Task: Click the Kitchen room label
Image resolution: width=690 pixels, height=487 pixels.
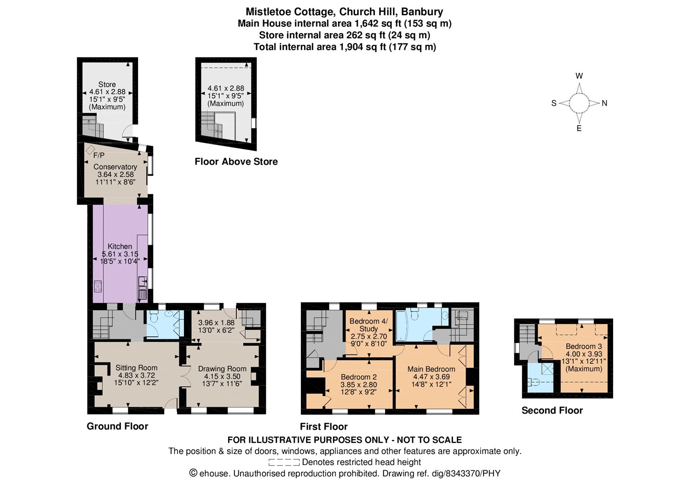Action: [120, 246]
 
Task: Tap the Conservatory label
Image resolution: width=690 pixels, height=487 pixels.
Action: [115, 166]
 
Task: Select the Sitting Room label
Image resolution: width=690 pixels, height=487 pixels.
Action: [137, 368]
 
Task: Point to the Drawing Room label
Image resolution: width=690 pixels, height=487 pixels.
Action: [222, 369]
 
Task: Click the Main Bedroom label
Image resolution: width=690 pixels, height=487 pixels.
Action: [431, 369]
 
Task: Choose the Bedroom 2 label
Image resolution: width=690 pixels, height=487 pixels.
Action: [358, 377]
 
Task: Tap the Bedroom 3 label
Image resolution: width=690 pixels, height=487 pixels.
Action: [584, 346]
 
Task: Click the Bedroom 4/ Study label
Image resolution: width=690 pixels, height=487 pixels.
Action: [369, 325]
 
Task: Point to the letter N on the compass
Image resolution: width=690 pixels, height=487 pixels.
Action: [604, 103]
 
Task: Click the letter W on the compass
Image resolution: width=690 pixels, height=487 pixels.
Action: [579, 76]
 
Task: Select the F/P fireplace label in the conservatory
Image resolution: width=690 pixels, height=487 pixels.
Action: [99, 155]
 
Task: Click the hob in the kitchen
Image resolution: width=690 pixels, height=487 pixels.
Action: [98, 286]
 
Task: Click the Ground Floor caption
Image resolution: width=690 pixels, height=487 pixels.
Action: [117, 426]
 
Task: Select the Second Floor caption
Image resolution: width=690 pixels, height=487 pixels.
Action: [552, 410]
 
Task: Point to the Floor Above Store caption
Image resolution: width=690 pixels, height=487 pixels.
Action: [236, 161]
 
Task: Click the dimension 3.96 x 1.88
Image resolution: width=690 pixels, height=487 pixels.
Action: [216, 322]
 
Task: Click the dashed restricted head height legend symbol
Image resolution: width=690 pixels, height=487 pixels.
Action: [284, 462]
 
